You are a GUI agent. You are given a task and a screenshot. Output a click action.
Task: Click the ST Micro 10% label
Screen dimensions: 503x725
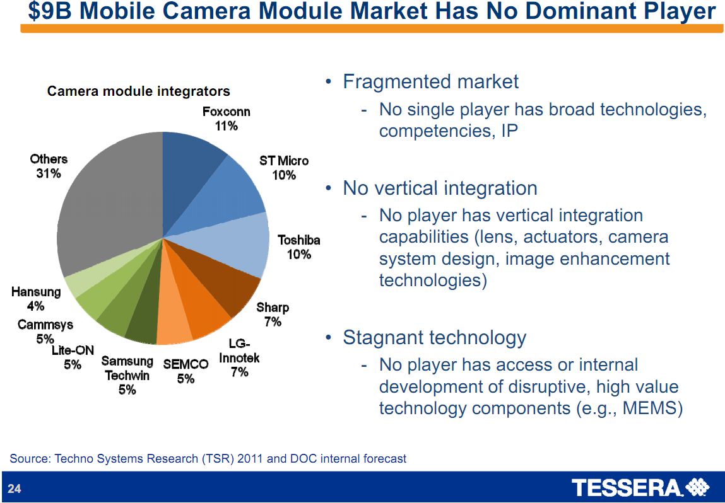284,168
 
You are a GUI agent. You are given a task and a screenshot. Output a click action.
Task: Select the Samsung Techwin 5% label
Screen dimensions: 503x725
127,375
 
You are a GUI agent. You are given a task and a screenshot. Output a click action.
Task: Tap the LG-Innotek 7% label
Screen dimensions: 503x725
239,358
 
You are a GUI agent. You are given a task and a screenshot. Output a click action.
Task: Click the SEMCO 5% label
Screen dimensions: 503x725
186,371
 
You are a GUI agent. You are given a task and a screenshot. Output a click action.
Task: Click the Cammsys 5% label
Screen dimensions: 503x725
45,332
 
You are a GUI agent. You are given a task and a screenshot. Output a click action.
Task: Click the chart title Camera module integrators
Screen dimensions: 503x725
139,92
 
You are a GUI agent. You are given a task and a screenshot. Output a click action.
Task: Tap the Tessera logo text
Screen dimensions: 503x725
627,488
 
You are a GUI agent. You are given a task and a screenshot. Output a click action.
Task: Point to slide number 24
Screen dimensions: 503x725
15,489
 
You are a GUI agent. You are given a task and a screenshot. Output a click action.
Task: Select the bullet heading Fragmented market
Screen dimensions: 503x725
430,81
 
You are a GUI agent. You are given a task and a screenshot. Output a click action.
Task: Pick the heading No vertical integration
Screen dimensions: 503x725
440,188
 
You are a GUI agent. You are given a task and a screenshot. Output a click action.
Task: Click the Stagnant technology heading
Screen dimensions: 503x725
434,338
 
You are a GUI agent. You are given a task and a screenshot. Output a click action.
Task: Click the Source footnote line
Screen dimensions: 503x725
208,458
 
